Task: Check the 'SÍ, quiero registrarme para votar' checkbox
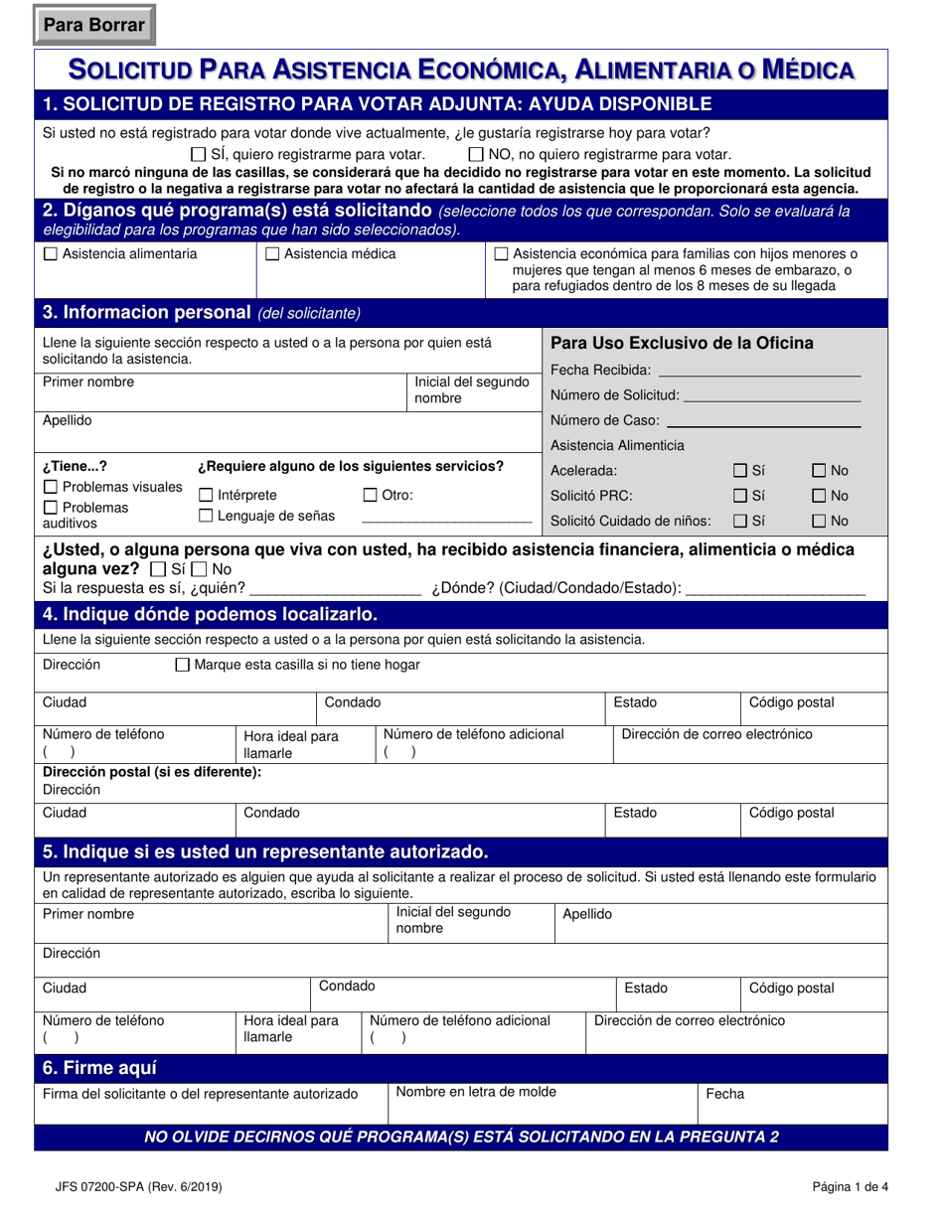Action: tap(198, 155)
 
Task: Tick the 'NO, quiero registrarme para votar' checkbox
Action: tap(476, 155)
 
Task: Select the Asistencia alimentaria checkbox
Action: tap(51, 254)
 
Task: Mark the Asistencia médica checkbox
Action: tap(272, 254)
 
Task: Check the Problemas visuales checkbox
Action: tap(51, 488)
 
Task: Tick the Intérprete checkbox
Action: tap(206, 496)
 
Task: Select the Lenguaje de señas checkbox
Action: tap(206, 516)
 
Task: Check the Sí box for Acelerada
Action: tap(740, 471)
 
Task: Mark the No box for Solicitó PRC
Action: tap(820, 496)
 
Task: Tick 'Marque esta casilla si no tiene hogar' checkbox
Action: tap(182, 665)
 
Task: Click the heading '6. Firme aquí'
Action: tap(99, 1069)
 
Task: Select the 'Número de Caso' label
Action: tap(604, 420)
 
